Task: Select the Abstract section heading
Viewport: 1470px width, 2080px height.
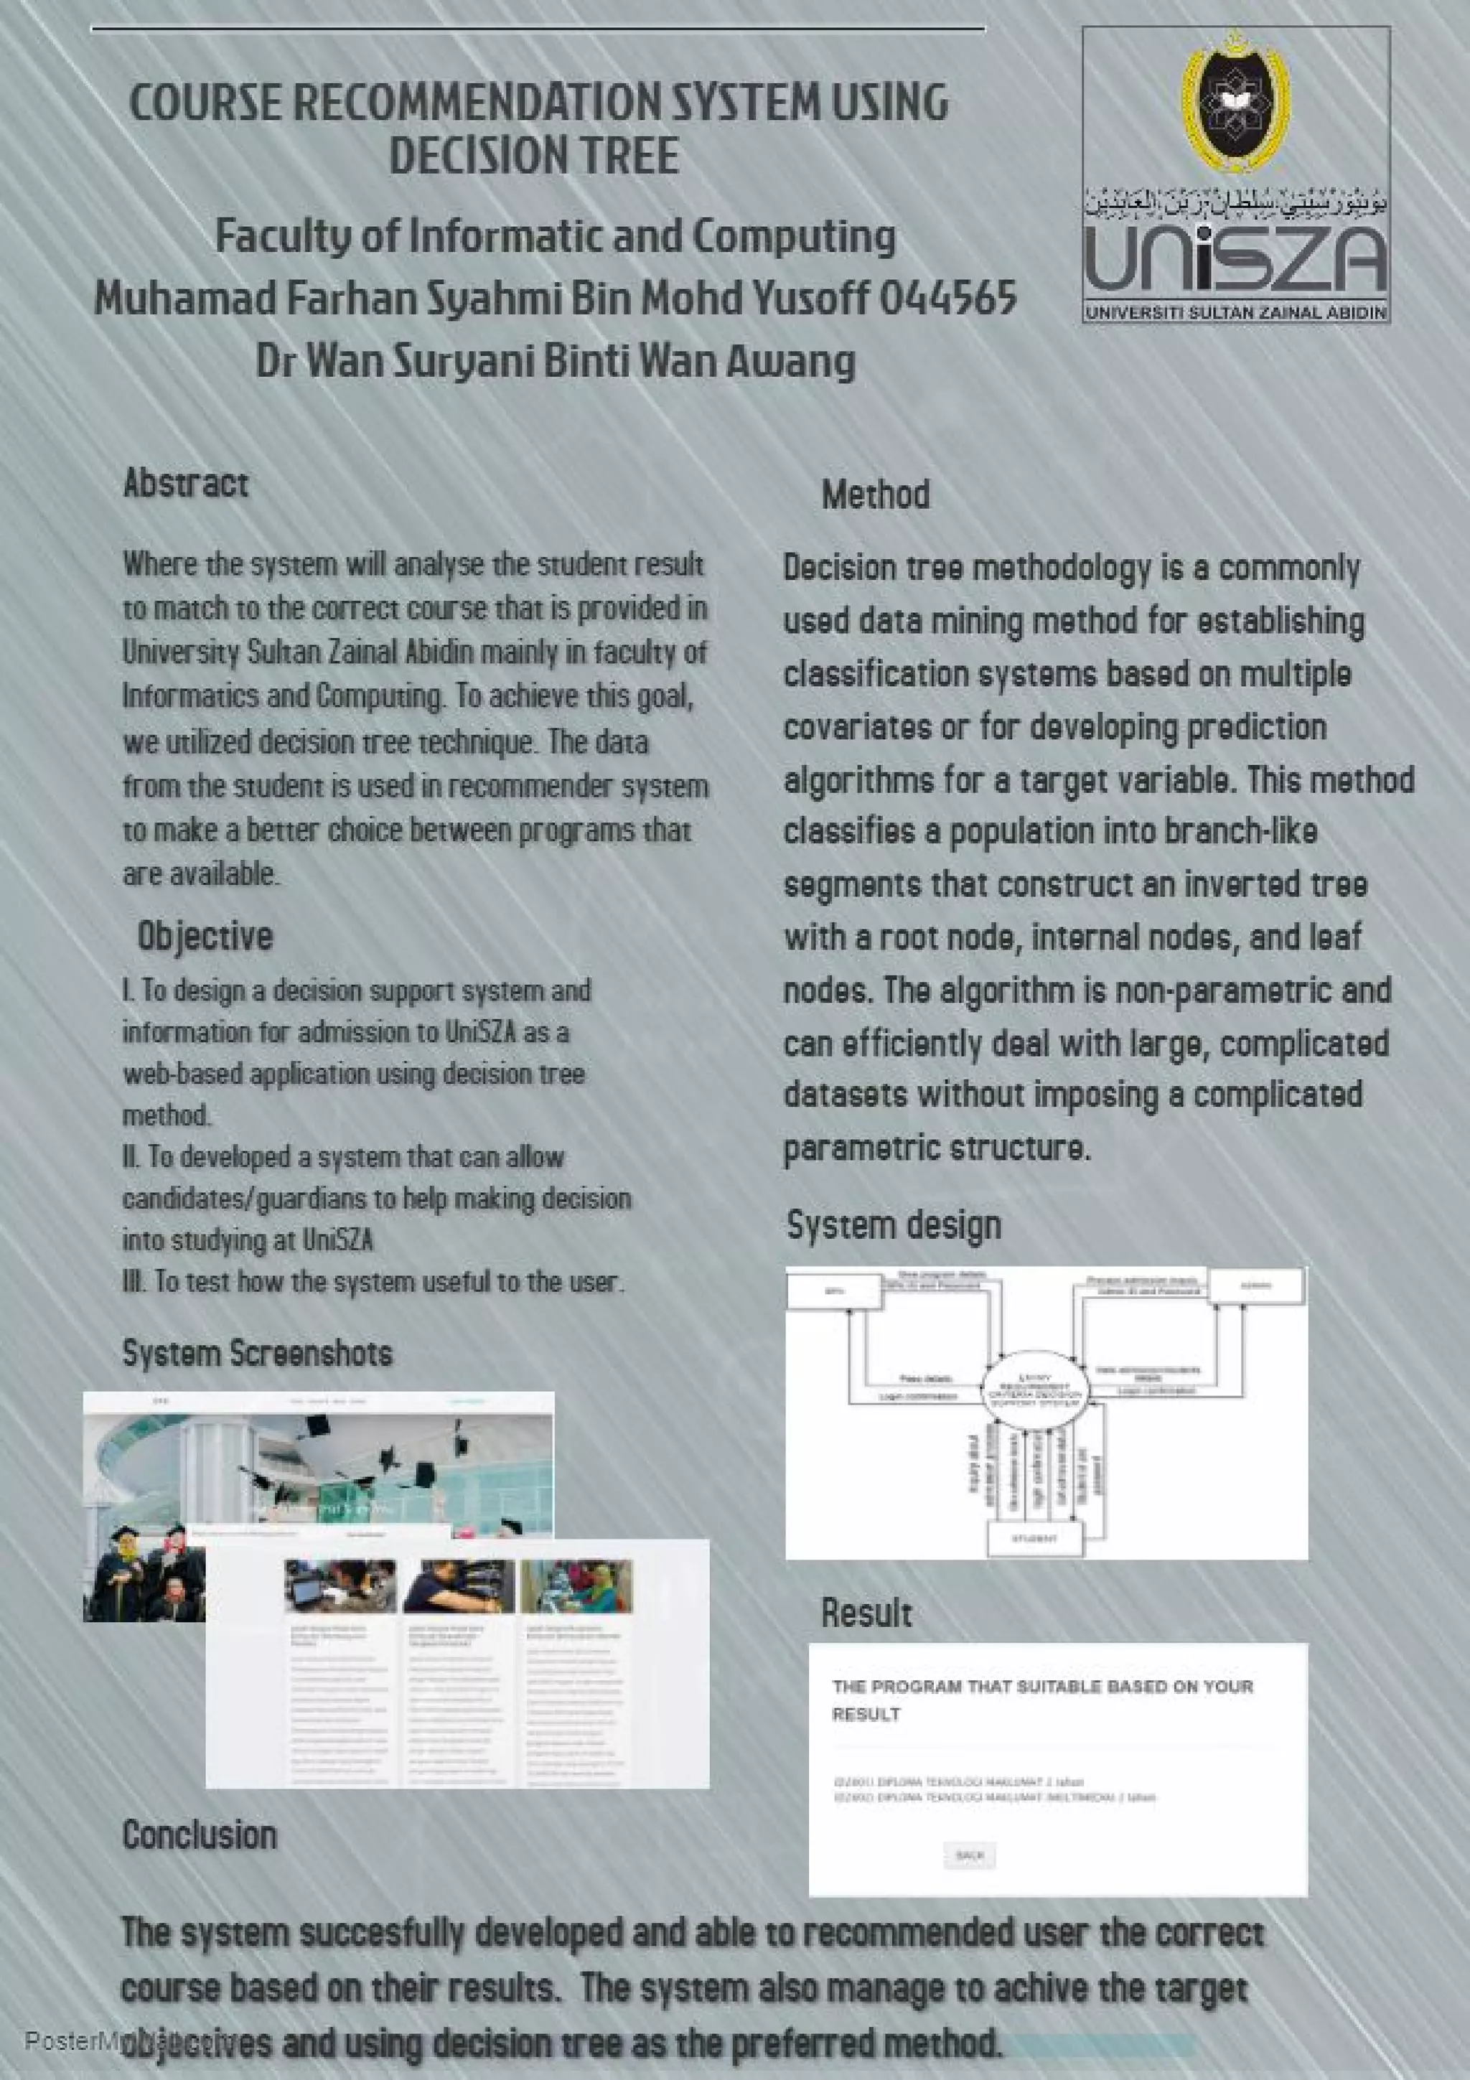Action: [186, 483]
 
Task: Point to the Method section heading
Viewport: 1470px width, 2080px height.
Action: [875, 495]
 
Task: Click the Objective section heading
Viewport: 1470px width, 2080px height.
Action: [205, 936]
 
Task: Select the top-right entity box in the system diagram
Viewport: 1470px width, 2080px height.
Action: [1257, 1285]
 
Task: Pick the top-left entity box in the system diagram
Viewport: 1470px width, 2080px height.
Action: [834, 1290]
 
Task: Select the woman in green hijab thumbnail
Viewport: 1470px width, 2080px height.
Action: [576, 1585]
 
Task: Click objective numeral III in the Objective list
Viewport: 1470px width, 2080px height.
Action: [132, 1282]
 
